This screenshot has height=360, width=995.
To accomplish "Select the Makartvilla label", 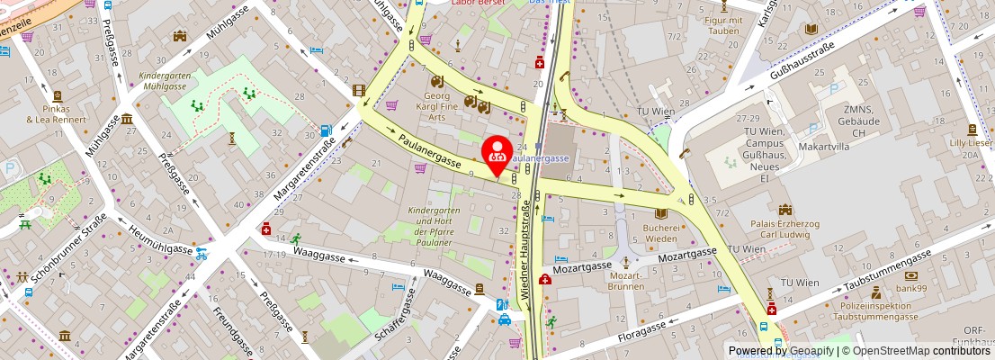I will pos(800,145).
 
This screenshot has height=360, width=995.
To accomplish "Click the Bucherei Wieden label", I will pos(661,233).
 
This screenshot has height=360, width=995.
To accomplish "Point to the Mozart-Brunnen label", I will pos(625,281).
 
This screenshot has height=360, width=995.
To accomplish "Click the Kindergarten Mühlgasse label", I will pos(163,82).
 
